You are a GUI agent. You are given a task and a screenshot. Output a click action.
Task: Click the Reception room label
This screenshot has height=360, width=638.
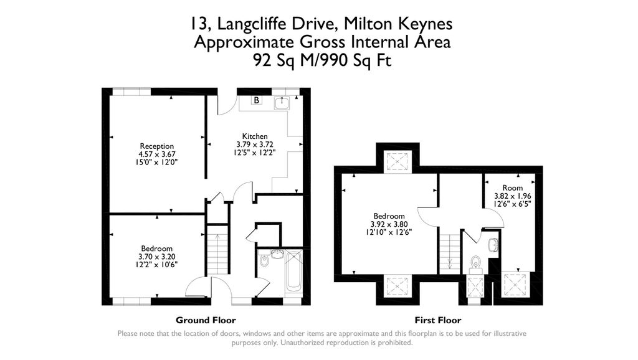pyautogui.click(x=156, y=146)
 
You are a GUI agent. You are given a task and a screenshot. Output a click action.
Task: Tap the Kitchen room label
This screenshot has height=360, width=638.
pyautogui.click(x=255, y=136)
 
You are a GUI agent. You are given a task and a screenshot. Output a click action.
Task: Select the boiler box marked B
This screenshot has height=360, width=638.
pyautogui.click(x=256, y=100)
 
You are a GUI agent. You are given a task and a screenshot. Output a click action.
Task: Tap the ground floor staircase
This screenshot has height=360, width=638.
pyautogui.click(x=217, y=252)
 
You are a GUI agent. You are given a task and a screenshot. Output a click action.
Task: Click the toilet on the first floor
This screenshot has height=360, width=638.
pyautogui.click(x=476, y=262)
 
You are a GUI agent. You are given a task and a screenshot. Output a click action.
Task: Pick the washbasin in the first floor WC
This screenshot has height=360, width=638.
pyautogui.click(x=494, y=245)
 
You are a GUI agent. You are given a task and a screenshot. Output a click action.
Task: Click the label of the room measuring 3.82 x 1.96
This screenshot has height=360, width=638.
pyautogui.click(x=512, y=187)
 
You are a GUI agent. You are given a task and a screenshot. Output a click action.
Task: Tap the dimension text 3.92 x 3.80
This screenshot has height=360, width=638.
pyautogui.click(x=389, y=224)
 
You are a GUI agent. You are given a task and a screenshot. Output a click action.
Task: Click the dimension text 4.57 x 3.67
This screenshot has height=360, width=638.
pyautogui.click(x=156, y=154)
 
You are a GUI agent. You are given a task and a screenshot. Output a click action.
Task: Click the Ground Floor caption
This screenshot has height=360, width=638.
pyautogui.click(x=206, y=320)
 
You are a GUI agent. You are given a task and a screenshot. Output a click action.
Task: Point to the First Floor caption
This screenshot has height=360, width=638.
pyautogui.click(x=440, y=320)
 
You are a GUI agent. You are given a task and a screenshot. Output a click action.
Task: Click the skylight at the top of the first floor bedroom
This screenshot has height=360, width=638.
pyautogui.click(x=396, y=161)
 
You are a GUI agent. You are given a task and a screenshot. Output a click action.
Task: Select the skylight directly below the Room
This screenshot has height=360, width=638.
pyautogui.click(x=517, y=286)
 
